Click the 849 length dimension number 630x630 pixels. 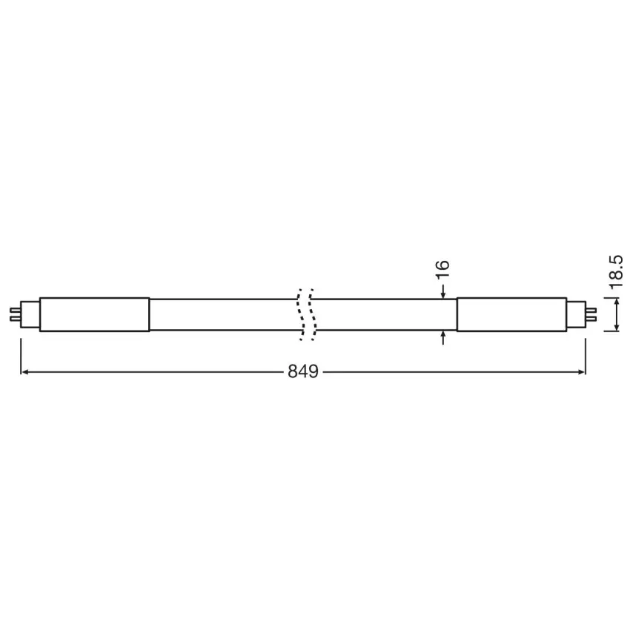pos(303,371)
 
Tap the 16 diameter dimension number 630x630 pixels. pos(442,269)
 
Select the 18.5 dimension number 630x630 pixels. pos(616,272)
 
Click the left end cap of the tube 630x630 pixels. pos(94,314)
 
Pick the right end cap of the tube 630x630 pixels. pos(511,314)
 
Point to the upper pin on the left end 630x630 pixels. pos(15,310)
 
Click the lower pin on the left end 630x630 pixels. pos(15,319)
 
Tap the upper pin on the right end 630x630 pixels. pos(591,310)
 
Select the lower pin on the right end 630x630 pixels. pos(591,319)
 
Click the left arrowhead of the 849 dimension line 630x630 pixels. pos(24,372)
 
